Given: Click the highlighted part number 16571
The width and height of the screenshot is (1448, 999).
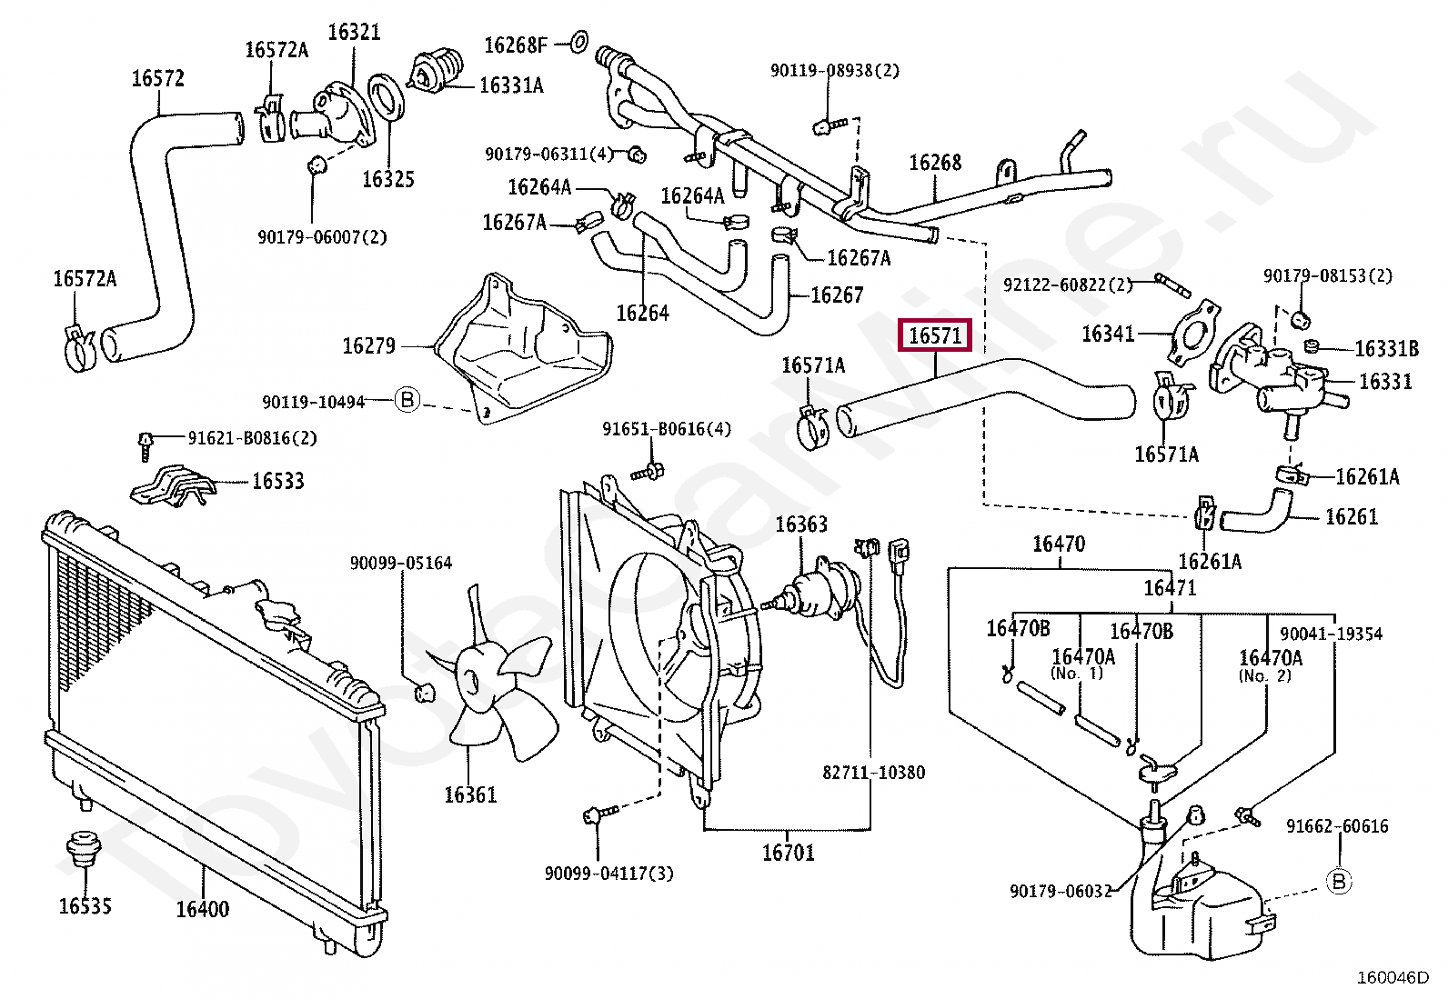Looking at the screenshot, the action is click(x=935, y=335).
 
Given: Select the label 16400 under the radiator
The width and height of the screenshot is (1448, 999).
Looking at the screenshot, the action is click(x=203, y=909).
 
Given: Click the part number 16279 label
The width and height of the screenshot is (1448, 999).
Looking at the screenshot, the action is click(x=368, y=345).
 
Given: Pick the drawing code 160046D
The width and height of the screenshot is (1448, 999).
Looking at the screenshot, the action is click(x=1393, y=978).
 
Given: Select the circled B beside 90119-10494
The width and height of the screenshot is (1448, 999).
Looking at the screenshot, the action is click(x=407, y=400).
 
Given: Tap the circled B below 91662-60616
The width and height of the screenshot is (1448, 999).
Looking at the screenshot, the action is click(x=1339, y=882).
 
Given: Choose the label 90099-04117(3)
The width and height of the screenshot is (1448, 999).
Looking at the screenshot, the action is click(x=608, y=874).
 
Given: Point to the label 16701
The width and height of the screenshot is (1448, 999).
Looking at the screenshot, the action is click(x=789, y=853).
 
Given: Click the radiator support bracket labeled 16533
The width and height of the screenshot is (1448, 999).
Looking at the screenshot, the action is click(x=172, y=485).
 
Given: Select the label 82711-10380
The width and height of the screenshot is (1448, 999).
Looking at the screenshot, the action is click(x=873, y=772).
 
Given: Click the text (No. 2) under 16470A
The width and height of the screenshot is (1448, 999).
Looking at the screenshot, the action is click(x=1265, y=676).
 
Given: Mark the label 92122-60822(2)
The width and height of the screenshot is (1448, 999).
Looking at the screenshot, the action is click(x=1068, y=285).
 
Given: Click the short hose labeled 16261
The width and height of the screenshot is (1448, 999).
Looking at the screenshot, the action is click(x=1255, y=513).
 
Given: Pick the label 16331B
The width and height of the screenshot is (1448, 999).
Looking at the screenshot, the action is click(x=1387, y=349).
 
